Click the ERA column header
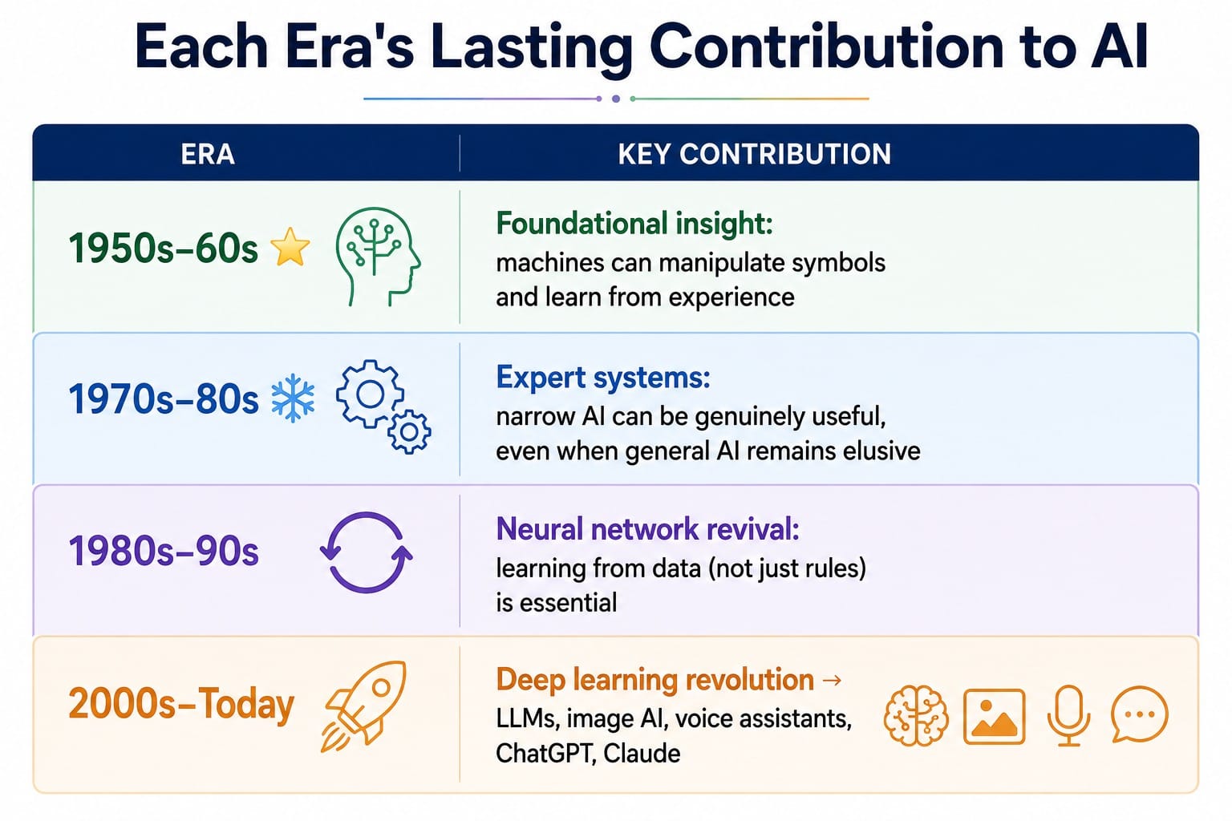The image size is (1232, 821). point(208,155)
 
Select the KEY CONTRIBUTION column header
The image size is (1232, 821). point(754,155)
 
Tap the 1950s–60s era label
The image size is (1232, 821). point(164,249)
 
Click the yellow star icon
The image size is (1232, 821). point(290,248)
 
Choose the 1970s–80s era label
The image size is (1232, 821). point(164,399)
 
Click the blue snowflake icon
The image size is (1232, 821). point(293,398)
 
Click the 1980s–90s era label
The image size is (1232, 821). point(164,552)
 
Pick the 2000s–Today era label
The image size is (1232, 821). point(181,705)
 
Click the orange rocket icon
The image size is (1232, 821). point(364,706)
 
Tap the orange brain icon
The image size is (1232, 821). point(916,715)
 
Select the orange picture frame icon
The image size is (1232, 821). point(995,717)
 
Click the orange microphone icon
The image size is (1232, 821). point(1068,715)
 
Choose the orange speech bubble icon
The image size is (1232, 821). point(1138,714)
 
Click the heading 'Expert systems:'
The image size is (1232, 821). point(603,378)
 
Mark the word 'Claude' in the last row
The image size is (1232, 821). point(642,754)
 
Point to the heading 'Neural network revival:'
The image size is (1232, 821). point(648,529)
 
